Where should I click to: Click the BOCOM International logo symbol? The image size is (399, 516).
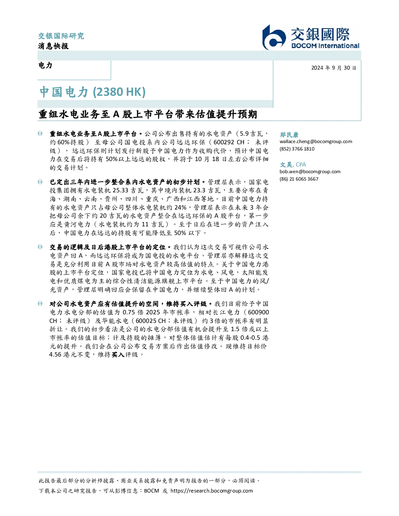tap(273, 37)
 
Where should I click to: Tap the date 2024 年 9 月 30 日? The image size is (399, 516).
tap(334, 68)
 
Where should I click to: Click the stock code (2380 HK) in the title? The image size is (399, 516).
tap(119, 92)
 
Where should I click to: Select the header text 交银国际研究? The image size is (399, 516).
tap(61, 36)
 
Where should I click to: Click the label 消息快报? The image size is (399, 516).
tap(54, 46)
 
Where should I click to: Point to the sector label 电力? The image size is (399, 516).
tap(45, 65)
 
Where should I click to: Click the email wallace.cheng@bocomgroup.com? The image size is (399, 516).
tap(316, 142)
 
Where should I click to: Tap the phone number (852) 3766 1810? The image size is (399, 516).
tap(297, 149)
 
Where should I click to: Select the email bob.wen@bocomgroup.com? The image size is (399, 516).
tap(310, 172)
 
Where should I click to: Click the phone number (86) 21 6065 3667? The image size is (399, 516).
tap(299, 179)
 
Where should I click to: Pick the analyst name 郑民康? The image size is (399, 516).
tap(289, 134)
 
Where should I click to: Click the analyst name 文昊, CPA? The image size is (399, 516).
tap(293, 165)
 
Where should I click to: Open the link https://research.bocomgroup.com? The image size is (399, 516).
tap(212, 491)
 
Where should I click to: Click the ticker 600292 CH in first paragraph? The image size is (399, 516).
tap(229, 142)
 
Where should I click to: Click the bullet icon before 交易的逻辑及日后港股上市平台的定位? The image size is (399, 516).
tap(40, 247)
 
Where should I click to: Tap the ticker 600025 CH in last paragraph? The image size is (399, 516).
tap(151, 321)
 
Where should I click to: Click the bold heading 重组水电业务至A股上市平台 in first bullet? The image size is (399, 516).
tap(93, 134)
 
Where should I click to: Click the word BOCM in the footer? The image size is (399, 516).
tap(151, 491)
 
